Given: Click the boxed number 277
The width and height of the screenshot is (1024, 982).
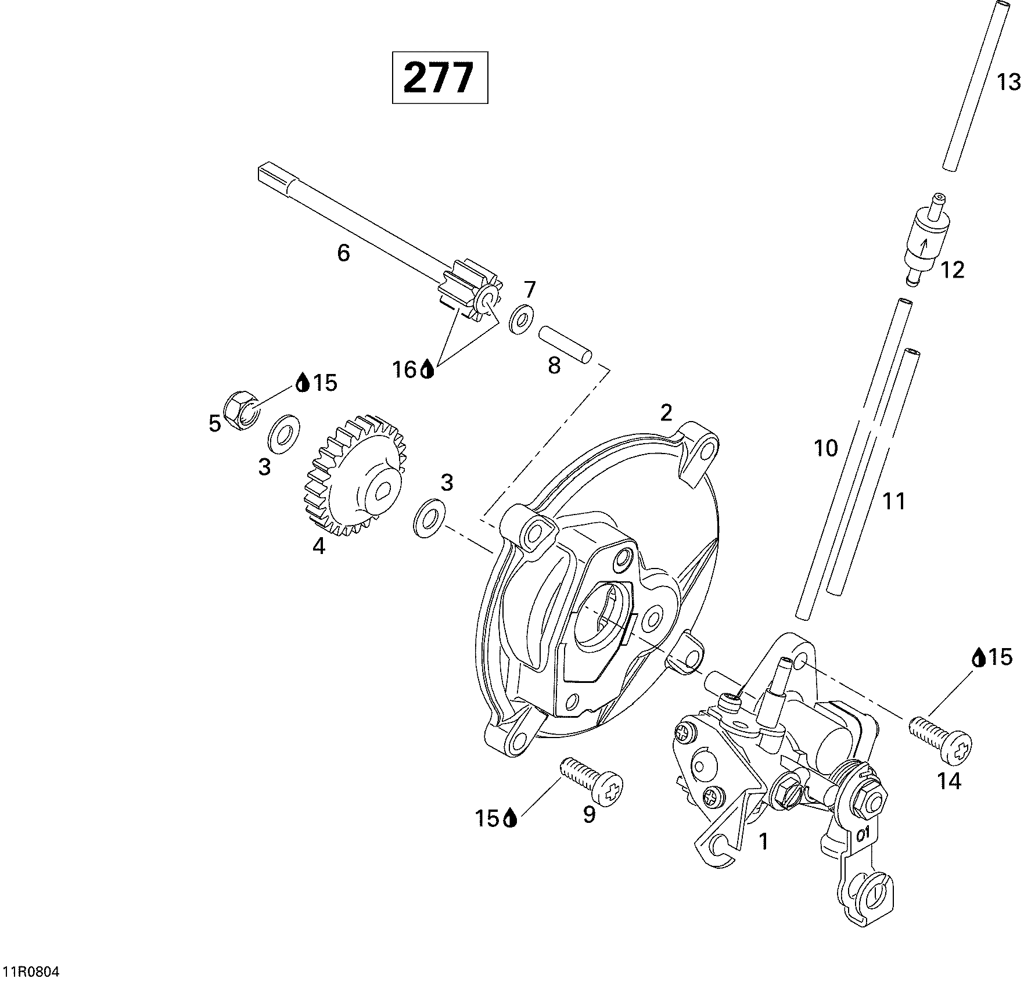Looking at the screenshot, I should pyautogui.click(x=440, y=78).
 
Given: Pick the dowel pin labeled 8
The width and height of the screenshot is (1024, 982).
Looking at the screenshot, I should pyautogui.click(x=565, y=344).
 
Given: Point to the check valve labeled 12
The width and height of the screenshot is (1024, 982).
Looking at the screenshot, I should pyautogui.click(x=925, y=239).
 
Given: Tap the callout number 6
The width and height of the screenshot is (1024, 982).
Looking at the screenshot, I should pyautogui.click(x=344, y=253).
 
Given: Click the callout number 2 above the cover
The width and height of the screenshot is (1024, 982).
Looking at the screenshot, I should pyautogui.click(x=666, y=412).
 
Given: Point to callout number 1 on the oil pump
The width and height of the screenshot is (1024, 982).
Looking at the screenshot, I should pyautogui.click(x=764, y=841).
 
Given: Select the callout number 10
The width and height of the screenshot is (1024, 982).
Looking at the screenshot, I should pyautogui.click(x=826, y=448).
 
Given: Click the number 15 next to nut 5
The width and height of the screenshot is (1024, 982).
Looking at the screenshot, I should pyautogui.click(x=325, y=383).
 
